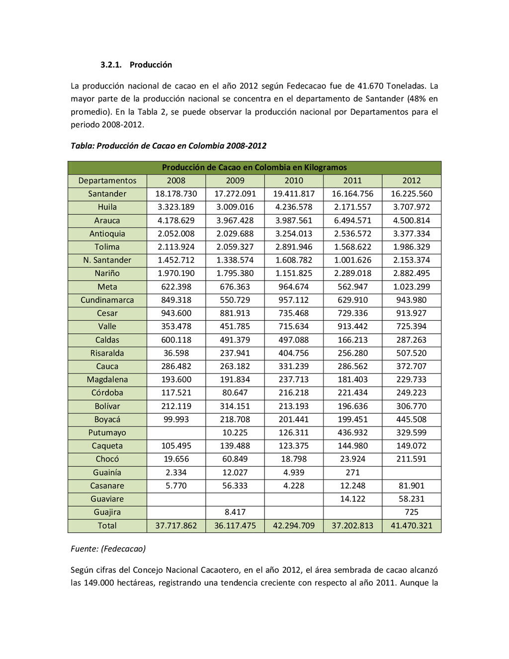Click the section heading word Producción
point(151,65)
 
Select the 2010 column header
point(294,181)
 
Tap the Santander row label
point(107,194)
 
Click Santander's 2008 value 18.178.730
point(176,194)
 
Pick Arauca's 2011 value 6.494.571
point(352,220)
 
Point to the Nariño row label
point(107,273)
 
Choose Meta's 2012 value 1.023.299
point(411,286)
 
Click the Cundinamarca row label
point(107,300)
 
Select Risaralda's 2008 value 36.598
point(176,353)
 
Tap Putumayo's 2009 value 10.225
point(235,433)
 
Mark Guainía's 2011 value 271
point(352,472)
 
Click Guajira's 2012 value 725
point(411,512)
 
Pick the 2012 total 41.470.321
point(411,526)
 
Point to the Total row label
point(107,526)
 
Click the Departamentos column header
point(107,181)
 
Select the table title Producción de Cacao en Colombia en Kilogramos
point(254,168)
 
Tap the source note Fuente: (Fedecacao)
point(108,549)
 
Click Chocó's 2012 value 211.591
point(411,459)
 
